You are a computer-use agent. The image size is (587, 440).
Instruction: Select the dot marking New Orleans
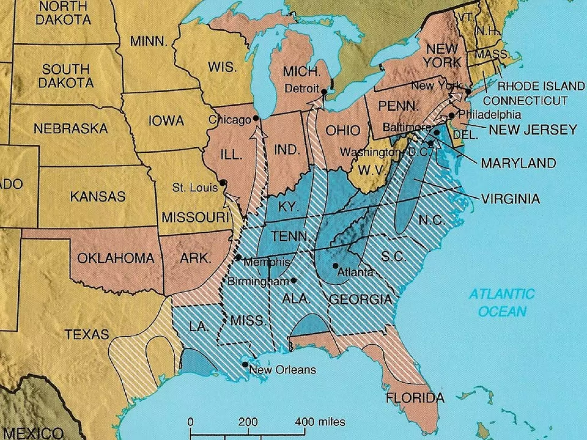(245, 364)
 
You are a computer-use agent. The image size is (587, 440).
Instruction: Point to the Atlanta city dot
(335, 266)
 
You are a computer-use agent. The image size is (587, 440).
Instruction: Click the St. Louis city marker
(222, 182)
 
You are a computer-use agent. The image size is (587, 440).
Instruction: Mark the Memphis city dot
(238, 257)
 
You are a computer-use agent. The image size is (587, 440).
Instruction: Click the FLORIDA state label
(415, 398)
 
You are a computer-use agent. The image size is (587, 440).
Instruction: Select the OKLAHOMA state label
(116, 258)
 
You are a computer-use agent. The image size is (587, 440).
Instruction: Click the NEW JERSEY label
(533, 129)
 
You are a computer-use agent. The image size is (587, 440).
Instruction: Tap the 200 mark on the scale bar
(248, 422)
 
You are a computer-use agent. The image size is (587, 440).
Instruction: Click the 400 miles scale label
(320, 422)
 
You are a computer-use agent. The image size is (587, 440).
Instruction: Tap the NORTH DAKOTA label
(63, 13)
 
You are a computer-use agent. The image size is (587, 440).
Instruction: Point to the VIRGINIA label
(510, 199)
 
